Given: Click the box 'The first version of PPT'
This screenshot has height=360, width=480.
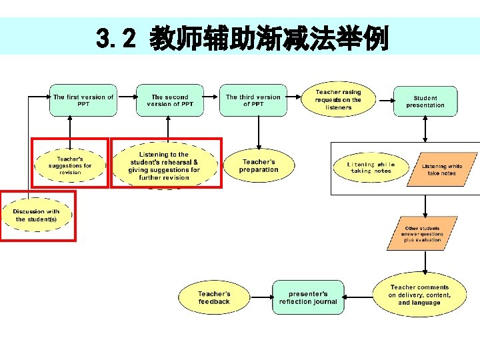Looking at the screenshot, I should pos(83,100).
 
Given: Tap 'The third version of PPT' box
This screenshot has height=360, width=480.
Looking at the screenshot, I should pos(253,100).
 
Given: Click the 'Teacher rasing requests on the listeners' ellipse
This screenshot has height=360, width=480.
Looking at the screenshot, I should pos(338,99).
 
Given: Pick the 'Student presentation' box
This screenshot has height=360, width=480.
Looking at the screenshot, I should pos(425,101).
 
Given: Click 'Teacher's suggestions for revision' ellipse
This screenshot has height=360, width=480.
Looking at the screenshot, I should pos(70,165).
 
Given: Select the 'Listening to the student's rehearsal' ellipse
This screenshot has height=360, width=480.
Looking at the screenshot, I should pos(164,166).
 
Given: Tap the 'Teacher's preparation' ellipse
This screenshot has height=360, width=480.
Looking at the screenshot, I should pos(259,165).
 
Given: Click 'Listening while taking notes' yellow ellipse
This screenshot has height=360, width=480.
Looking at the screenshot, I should pos(371,168).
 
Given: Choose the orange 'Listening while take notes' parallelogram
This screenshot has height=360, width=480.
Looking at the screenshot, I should pos(443,169).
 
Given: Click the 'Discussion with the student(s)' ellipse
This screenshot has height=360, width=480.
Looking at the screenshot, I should pos(36,215).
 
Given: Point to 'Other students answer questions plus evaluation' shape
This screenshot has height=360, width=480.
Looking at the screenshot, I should pos(422,234).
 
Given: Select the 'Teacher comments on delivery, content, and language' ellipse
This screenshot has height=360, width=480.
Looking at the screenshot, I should pos(419,295).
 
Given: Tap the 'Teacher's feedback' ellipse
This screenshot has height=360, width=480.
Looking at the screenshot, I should pos(214,297).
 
